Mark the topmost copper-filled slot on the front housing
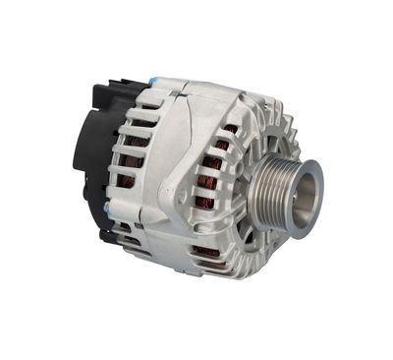[230, 128]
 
